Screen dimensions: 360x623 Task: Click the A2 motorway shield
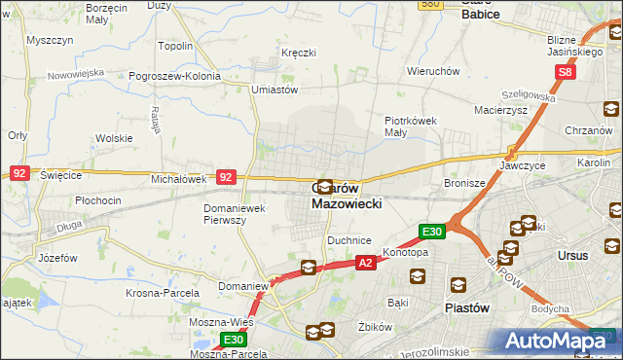coord(365,262)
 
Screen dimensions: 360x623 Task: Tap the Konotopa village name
coord(404,252)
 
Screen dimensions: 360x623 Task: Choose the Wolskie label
coord(114,138)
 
